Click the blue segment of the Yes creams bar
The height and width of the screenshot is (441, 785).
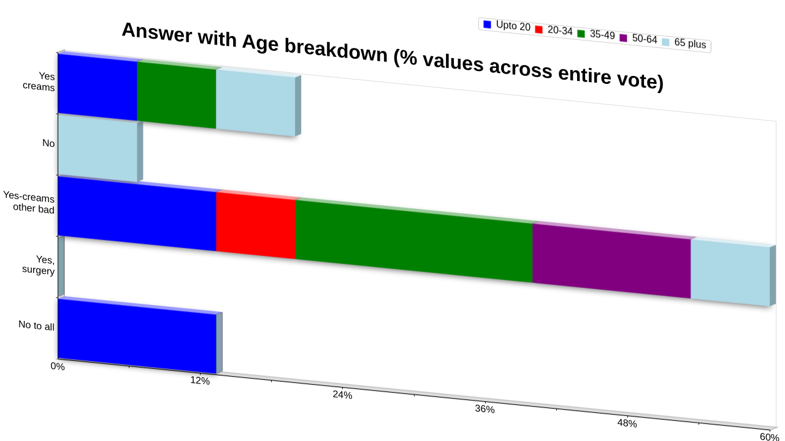click(98, 88)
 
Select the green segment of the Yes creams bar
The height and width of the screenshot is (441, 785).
click(177, 95)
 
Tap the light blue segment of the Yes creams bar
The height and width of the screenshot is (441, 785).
click(256, 103)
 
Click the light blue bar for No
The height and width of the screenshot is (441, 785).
click(98, 149)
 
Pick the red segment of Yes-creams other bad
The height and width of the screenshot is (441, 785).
click(256, 225)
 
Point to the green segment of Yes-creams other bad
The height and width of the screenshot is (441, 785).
click(414, 241)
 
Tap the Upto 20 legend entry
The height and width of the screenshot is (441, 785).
click(507, 26)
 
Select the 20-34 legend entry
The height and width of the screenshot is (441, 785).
click(554, 30)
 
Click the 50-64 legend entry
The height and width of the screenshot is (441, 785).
click(638, 38)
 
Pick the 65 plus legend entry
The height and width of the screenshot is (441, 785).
click(684, 43)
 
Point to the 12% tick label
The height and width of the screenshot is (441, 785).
click(200, 380)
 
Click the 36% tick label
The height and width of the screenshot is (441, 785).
click(484, 409)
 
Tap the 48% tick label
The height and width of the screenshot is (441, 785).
click(627, 423)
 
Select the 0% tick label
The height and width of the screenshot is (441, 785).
click(58, 366)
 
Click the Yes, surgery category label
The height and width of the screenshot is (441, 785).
click(39, 265)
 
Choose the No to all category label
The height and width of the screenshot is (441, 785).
click(36, 325)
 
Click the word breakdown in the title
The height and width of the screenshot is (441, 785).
click(336, 51)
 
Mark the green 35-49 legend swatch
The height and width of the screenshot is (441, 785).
click(581, 34)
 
